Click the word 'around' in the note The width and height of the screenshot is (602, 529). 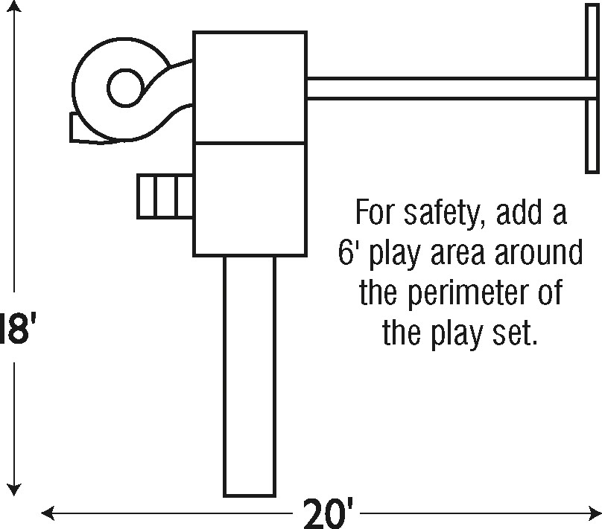point(536,254)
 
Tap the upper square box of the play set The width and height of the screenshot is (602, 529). point(250,87)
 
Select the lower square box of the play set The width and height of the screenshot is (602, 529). point(250,198)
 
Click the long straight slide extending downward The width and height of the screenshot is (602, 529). point(250,376)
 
